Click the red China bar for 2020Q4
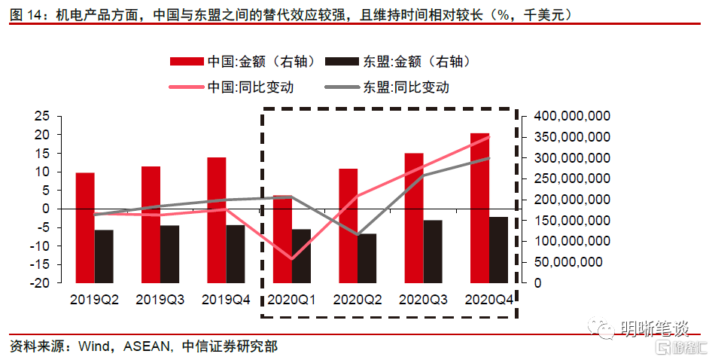tap(479, 208)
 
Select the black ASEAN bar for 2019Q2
tap(104, 256)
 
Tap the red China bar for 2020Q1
tap(281, 239)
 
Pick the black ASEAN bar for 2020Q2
tap(367, 258)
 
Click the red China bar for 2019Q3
tap(151, 224)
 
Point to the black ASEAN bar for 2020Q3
tap(433, 252)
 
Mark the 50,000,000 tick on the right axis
tap(571, 262)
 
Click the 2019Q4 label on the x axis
tap(226, 299)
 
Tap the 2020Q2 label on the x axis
tap(358, 299)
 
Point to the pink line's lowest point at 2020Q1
tap(291, 259)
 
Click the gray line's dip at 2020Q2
tap(358, 235)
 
